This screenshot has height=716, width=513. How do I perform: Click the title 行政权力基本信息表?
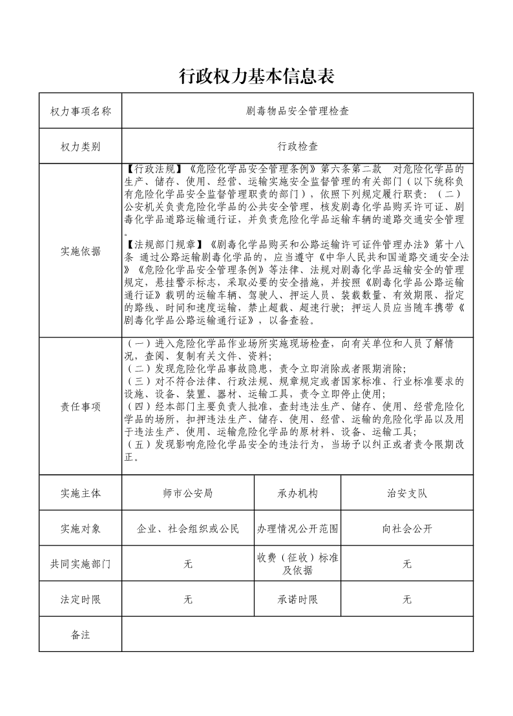(x=256, y=77)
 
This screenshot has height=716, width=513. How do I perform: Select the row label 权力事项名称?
(x=81, y=111)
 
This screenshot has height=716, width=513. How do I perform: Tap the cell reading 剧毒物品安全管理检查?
(x=297, y=111)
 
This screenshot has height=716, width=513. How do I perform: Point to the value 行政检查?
(x=297, y=147)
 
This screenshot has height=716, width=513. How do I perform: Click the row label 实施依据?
(x=81, y=251)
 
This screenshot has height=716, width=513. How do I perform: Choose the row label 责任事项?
(x=81, y=406)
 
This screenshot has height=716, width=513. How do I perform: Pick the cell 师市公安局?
(x=188, y=493)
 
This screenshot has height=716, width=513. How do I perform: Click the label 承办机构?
(x=298, y=493)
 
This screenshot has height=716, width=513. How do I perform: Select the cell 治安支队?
(x=407, y=493)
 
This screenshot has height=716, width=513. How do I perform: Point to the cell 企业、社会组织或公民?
(x=188, y=529)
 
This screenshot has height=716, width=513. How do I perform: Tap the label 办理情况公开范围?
(x=298, y=529)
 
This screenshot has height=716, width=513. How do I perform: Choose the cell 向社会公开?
(x=407, y=529)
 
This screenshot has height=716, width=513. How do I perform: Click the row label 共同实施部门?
(x=81, y=564)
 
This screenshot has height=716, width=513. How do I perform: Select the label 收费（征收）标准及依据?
(x=298, y=564)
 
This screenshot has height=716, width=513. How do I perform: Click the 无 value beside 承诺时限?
(x=407, y=600)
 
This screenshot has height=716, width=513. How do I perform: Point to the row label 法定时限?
(x=81, y=600)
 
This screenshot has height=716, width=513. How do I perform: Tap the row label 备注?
(x=81, y=635)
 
